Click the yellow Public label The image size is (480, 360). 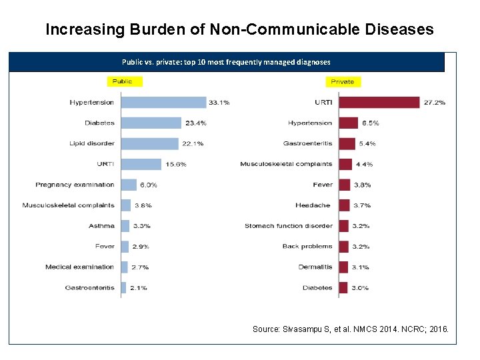[x=122, y=81]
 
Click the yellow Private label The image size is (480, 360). [x=343, y=81]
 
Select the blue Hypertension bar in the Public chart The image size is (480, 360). [x=164, y=103]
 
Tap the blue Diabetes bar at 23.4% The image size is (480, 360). [x=151, y=123]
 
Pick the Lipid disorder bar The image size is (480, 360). [x=150, y=143]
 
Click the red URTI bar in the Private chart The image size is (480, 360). [x=379, y=103]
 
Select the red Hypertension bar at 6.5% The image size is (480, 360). [x=349, y=123]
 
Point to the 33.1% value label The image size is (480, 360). [x=219, y=103]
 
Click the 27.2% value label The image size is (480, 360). [x=435, y=103]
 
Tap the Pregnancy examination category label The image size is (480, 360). [x=75, y=185]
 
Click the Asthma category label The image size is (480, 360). [x=101, y=226]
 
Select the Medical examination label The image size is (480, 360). [x=80, y=267]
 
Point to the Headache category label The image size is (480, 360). [x=313, y=205]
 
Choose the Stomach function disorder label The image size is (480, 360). [x=288, y=226]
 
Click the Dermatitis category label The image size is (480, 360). [x=315, y=267]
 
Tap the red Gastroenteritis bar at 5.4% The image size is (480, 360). [x=347, y=143]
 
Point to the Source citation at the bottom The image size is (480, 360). [x=351, y=329]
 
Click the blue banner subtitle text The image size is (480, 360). [x=226, y=62]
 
